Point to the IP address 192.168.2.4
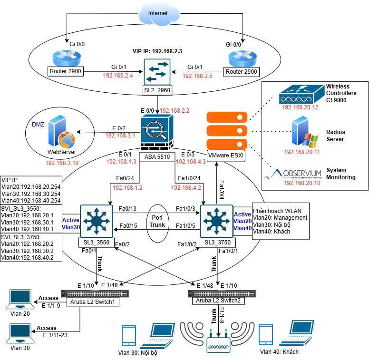118,76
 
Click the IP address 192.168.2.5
198,76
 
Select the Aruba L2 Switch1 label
90,302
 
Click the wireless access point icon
218,344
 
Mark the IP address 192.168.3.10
62,163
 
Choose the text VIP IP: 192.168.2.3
157,50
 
